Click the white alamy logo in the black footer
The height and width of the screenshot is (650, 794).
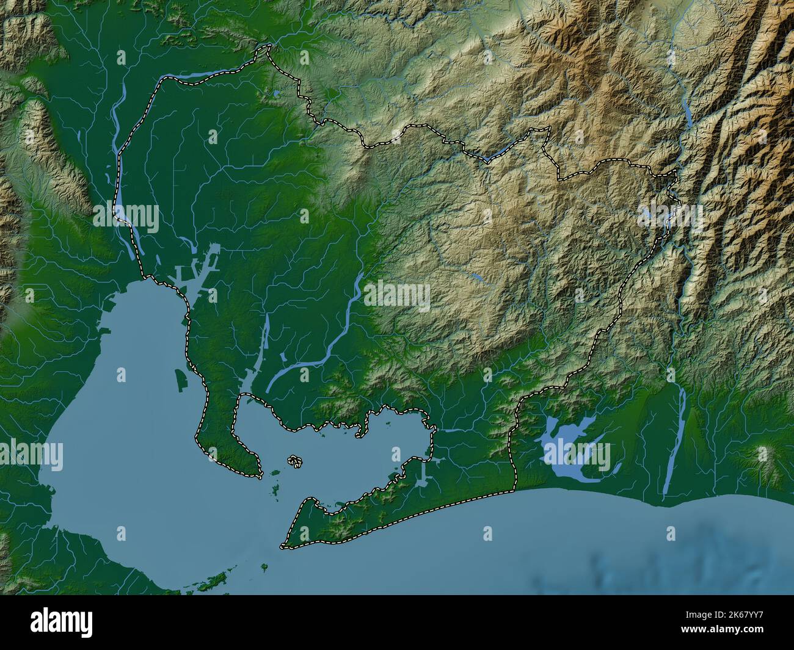[x=61, y=622]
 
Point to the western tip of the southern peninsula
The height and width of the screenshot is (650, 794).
[x=283, y=546]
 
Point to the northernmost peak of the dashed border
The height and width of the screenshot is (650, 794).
[x=266, y=46]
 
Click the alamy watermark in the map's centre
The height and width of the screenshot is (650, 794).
[x=397, y=297]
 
